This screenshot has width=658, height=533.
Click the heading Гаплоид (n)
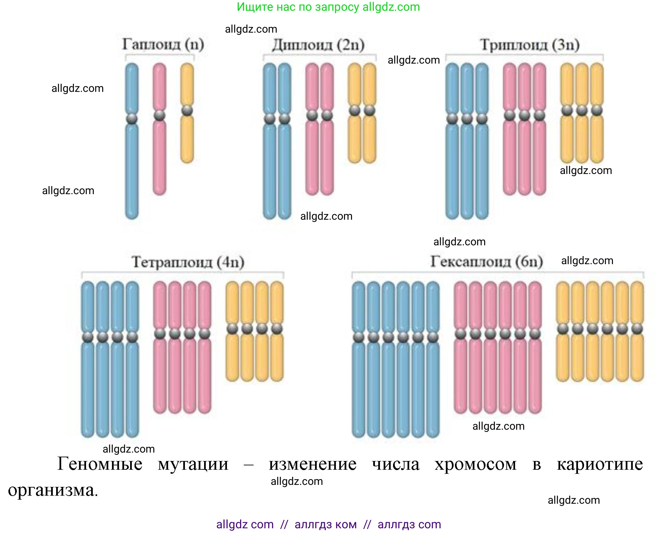pyautogui.click(x=163, y=44)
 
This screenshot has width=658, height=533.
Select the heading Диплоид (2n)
pyautogui.click(x=318, y=45)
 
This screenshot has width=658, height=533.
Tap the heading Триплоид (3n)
pyautogui.click(x=530, y=45)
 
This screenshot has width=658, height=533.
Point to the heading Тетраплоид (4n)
pyautogui.click(x=188, y=262)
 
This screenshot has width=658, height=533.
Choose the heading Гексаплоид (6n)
pyautogui.click(x=487, y=261)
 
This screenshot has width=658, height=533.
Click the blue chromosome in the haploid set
pyautogui.click(x=132, y=168)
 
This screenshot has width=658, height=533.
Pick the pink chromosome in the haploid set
pyautogui.click(x=159, y=155)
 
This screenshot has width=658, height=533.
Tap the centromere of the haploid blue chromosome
pyautogui.click(x=132, y=118)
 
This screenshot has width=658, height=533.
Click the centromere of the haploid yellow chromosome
pyautogui.click(x=187, y=110)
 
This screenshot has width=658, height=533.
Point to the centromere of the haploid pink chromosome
pyautogui.click(x=159, y=115)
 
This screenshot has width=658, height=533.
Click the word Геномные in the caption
pyautogui.click(x=100, y=464)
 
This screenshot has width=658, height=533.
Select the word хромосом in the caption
pyautogui.click(x=475, y=465)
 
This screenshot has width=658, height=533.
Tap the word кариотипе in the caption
pyautogui.click(x=599, y=465)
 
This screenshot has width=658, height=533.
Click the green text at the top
pyautogui.click(x=328, y=7)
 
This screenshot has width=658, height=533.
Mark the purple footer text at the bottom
pyautogui.click(x=328, y=524)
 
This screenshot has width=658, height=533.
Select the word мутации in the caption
pyautogui.click(x=193, y=465)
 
